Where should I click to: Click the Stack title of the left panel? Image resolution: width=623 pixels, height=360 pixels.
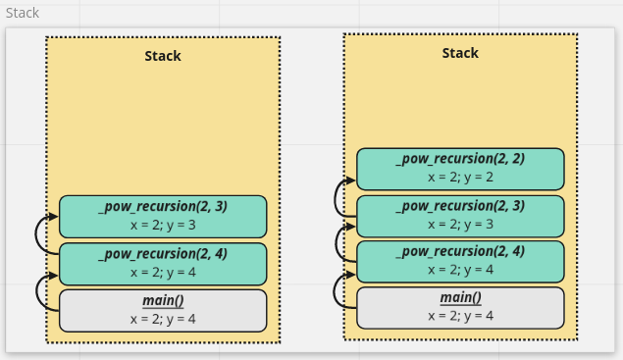coord(163,56)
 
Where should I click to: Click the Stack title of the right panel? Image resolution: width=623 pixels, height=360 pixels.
coord(460,53)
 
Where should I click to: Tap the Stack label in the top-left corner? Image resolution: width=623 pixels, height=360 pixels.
coord(23,13)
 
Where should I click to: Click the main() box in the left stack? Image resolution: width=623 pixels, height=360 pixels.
coord(163,310)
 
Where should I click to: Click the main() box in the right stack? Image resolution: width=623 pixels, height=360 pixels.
coord(460,307)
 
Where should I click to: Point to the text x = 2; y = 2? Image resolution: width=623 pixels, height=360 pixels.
coord(460,177)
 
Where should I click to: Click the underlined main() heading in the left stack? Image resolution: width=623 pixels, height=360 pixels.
coord(163,300)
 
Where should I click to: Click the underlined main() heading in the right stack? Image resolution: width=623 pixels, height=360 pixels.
coord(460,297)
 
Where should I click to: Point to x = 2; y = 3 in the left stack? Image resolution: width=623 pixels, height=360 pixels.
coord(163,224)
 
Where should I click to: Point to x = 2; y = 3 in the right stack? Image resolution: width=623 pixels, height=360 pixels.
coord(460,224)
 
